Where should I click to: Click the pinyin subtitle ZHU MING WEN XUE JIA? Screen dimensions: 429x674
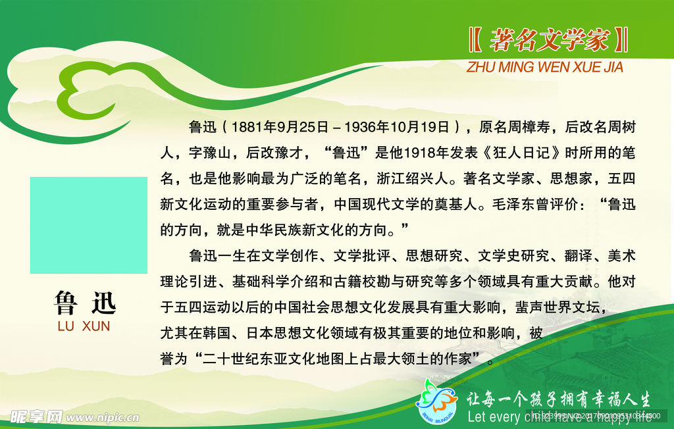tap(544, 67)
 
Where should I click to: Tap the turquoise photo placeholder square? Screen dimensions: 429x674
tap(89, 225)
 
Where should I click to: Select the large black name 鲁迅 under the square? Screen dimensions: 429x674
tap(85, 303)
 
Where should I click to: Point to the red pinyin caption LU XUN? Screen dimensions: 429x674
tap(84, 326)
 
